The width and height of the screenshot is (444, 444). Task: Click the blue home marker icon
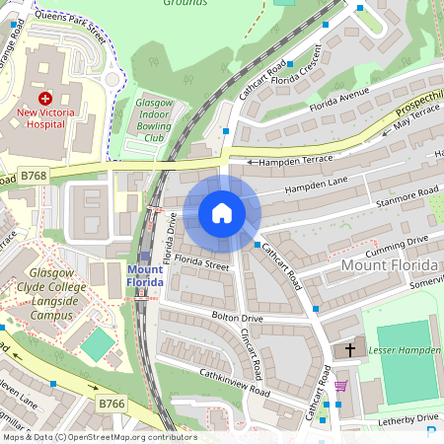tap(222, 213)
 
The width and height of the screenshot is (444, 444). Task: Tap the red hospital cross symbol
tap(44, 99)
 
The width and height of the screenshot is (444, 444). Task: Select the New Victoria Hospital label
tap(47, 118)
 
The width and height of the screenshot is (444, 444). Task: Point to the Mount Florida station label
tap(146, 276)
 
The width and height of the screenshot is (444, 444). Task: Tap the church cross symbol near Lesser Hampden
tap(347, 351)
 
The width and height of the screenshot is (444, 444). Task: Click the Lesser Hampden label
tap(405, 350)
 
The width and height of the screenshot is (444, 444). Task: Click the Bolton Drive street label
tap(238, 318)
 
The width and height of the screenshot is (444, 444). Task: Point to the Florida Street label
tap(203, 263)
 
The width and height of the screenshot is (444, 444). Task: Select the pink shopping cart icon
tap(340, 386)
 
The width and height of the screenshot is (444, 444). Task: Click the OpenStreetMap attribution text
tap(99, 437)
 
